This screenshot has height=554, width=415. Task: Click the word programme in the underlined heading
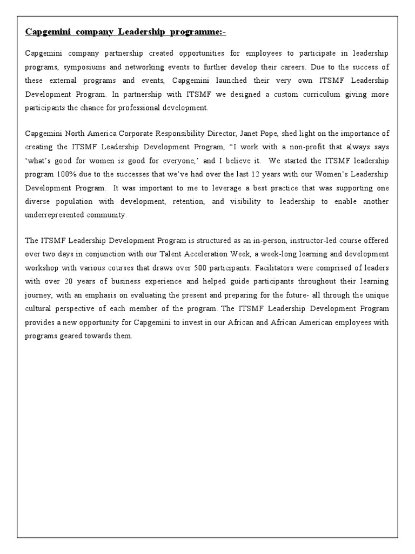[196, 32]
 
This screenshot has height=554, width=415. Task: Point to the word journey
[38, 295]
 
